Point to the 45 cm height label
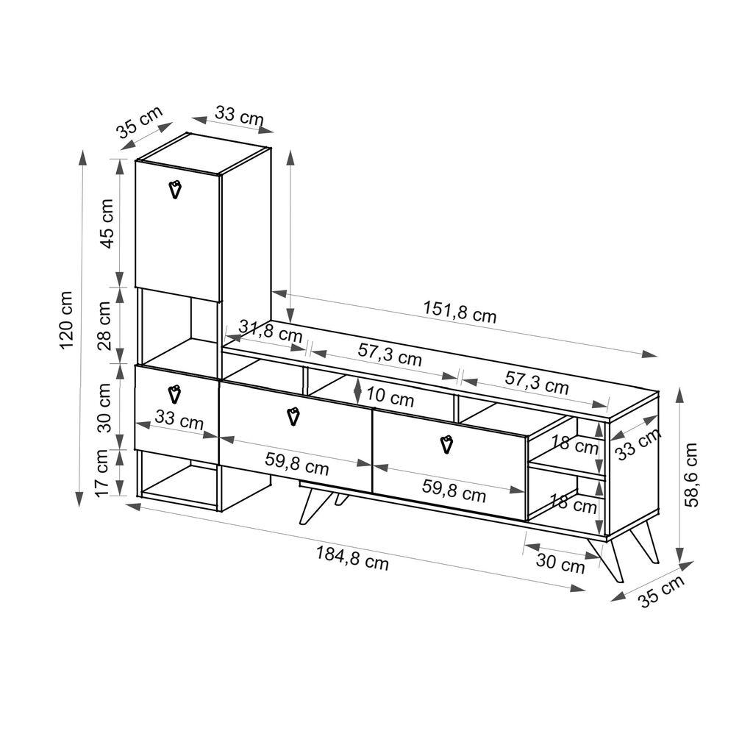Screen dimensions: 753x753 [107, 223]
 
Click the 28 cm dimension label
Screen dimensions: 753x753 [105, 326]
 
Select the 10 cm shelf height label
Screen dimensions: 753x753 [390, 398]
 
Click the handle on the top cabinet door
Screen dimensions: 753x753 [175, 189]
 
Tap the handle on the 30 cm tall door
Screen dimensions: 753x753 [174, 394]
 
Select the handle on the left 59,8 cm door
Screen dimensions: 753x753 [293, 416]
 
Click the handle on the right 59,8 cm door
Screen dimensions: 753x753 [446, 445]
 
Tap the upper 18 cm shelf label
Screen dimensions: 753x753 [575, 444]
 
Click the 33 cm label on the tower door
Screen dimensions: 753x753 [180, 422]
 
